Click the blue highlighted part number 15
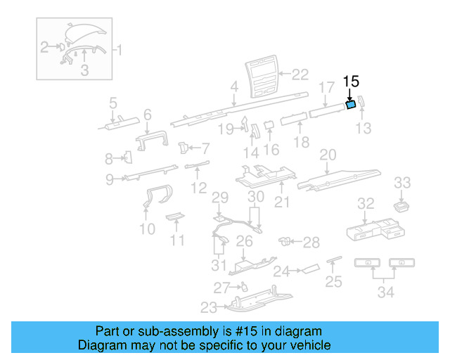click(x=350, y=105)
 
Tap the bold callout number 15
click(x=351, y=82)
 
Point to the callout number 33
click(x=401, y=184)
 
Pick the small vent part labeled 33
click(x=401, y=205)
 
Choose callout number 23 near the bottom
click(x=209, y=307)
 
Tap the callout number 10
click(x=147, y=229)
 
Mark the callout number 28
click(x=311, y=243)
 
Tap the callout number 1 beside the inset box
click(x=119, y=50)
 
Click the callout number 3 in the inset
click(x=84, y=70)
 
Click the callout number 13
click(x=363, y=128)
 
